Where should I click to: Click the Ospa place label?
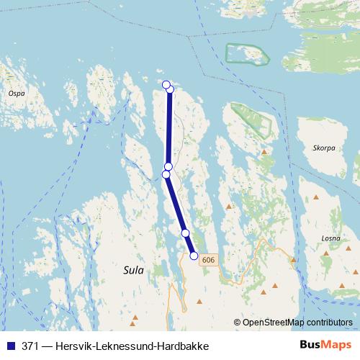coord(16,93)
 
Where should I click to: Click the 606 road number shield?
coord(209,259)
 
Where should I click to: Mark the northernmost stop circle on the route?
coord(166,85)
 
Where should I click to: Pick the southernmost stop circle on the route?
coord(194,255)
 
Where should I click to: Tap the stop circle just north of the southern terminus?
coord(185,233)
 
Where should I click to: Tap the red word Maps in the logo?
coord(336,346)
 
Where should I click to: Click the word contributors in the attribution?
coord(330,322)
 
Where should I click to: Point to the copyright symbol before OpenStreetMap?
coord(238,322)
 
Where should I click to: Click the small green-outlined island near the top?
coord(246,55)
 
